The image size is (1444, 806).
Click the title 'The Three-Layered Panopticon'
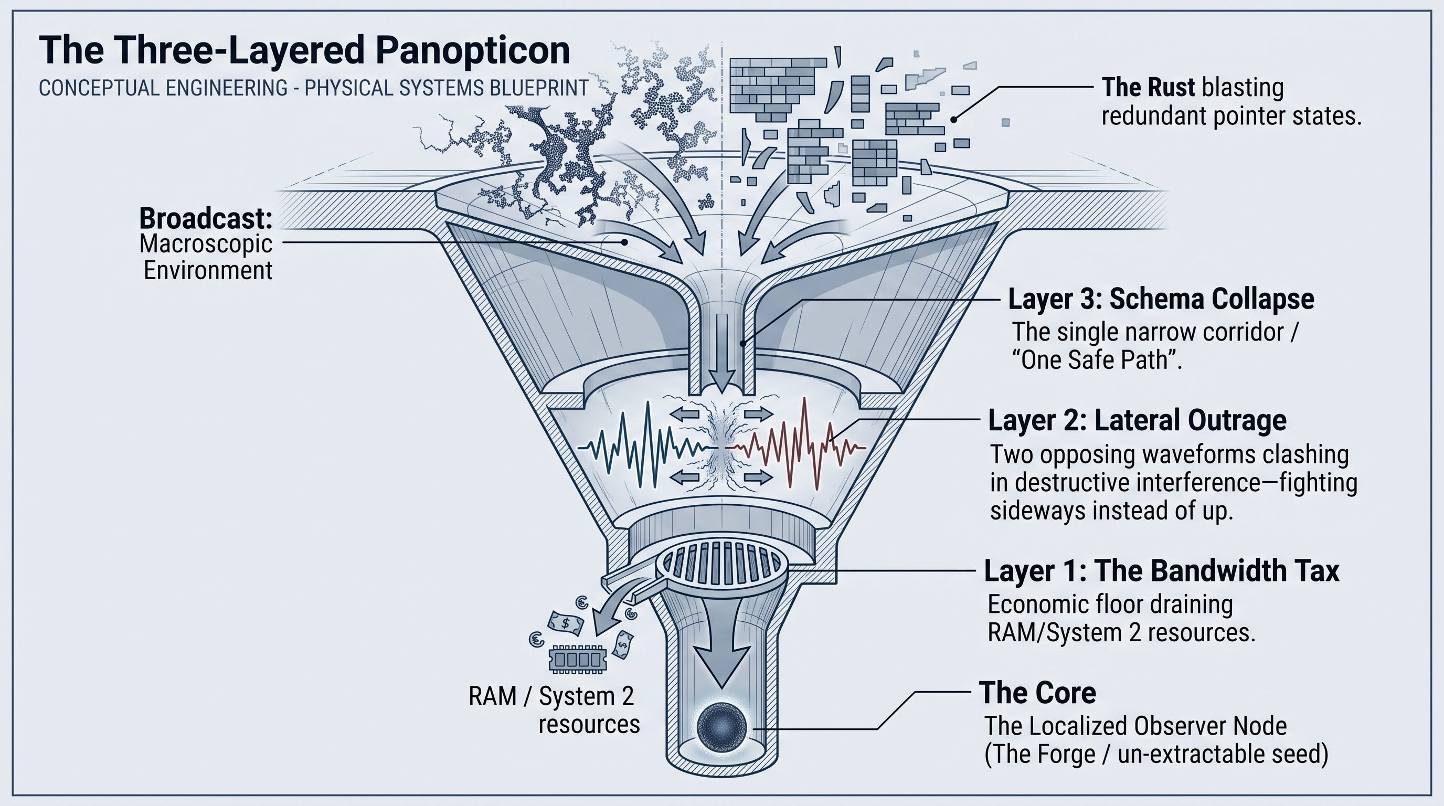coord(304,50)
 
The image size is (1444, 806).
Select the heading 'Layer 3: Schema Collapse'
coord(1161,299)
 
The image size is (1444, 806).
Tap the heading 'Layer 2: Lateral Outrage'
coord(1137,420)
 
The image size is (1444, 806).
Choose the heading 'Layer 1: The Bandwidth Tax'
coord(1162,570)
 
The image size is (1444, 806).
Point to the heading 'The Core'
coord(1037,693)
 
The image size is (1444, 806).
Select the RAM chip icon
coord(578,659)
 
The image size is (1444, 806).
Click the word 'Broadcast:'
coord(206,218)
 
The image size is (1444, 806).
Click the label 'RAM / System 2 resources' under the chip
coord(554,710)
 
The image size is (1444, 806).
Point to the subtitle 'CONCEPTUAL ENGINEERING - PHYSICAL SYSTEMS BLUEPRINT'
coord(313,88)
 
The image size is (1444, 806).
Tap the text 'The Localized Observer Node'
coord(1135,726)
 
